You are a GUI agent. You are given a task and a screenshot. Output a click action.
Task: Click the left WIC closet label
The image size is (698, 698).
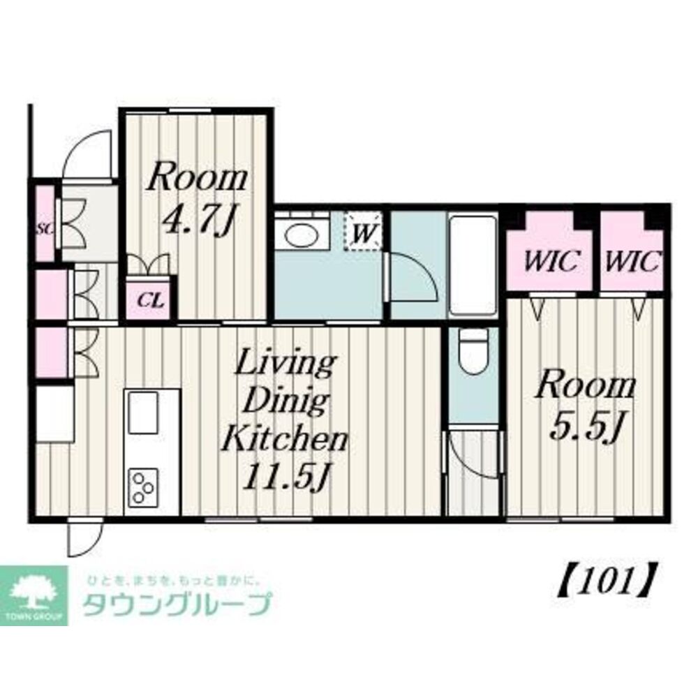(551, 262)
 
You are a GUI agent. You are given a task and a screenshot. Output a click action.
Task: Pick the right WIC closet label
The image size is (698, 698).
(632, 262)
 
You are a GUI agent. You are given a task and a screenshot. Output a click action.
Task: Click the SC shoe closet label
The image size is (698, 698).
(43, 227)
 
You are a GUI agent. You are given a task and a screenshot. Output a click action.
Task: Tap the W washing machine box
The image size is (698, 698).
(363, 231)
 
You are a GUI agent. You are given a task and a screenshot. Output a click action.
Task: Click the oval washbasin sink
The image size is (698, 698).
(299, 235)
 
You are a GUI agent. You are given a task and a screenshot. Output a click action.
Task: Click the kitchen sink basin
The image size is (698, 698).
(143, 413)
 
